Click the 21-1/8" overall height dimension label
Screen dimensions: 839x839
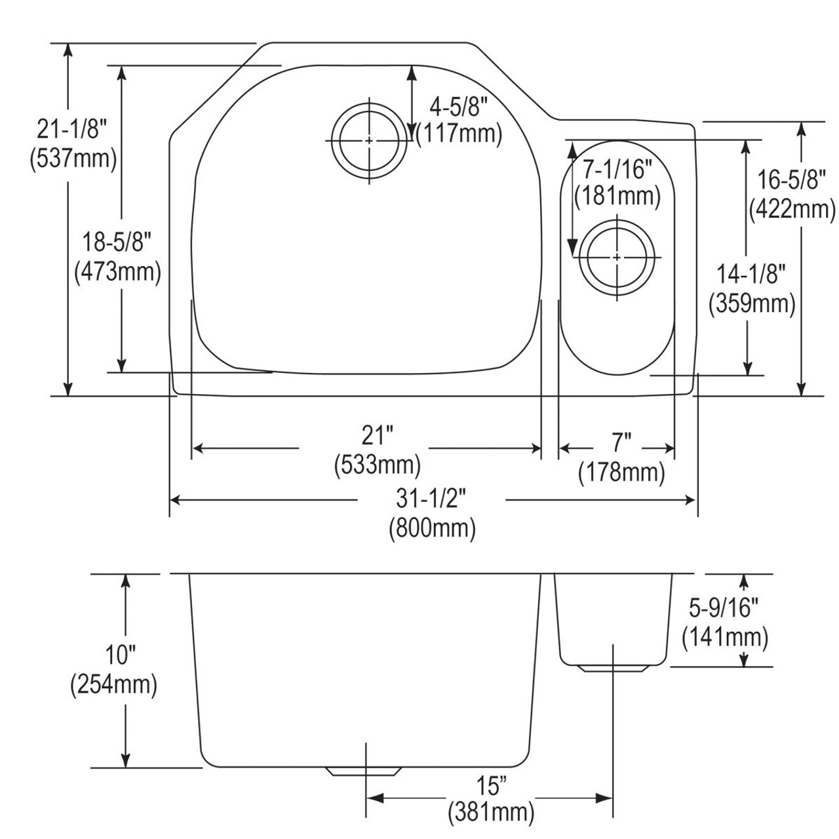(72, 130)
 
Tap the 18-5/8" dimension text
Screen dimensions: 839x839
(117, 243)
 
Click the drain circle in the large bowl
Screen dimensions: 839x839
(370, 141)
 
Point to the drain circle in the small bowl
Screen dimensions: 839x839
(617, 257)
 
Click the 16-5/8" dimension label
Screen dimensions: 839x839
(791, 178)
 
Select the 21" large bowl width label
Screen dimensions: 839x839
(378, 435)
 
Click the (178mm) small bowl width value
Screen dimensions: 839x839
(621, 472)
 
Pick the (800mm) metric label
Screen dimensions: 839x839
(432, 528)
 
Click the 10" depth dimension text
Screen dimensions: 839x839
(113, 655)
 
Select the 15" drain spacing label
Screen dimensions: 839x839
(491, 784)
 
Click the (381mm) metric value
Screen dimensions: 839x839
(491, 813)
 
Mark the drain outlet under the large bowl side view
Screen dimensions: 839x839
(364, 771)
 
